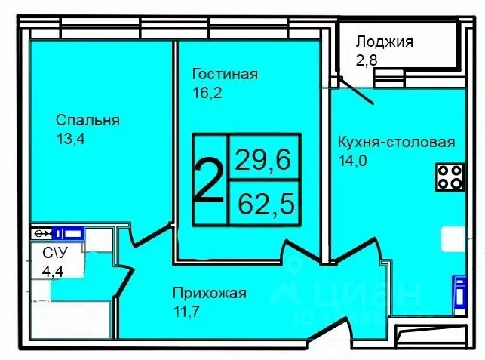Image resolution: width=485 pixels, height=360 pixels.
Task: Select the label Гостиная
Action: pyautogui.click(x=225, y=75)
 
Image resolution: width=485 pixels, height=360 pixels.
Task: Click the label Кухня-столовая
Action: pyautogui.click(x=396, y=143)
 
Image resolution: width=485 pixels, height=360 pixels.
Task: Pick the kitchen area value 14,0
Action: pyautogui.click(x=354, y=160)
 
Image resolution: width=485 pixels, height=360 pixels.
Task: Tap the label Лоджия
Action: pyautogui.click(x=384, y=42)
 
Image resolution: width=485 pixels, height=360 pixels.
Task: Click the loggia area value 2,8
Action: pyautogui.click(x=367, y=60)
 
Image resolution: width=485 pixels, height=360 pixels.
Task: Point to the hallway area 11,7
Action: pyautogui.click(x=186, y=312)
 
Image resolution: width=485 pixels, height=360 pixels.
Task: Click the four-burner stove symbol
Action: pyautogui.click(x=450, y=177)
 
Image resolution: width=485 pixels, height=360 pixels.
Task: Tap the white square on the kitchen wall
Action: pyautogui.click(x=453, y=239)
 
